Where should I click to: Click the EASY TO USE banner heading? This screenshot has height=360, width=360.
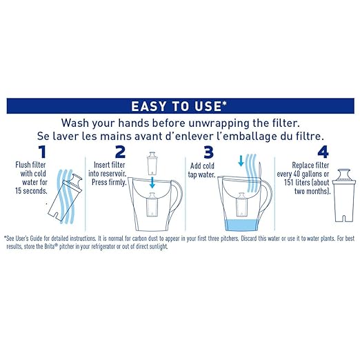point(180,106)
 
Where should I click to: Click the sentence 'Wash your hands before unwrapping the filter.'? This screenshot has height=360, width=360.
point(180,121)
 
